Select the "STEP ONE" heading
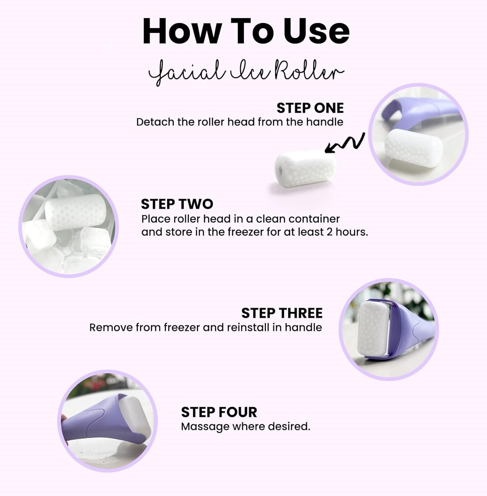(x=310, y=108)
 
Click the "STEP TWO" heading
(x=177, y=204)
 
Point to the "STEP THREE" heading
(x=282, y=313)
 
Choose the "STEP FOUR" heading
(x=219, y=412)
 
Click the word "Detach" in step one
(x=155, y=122)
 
